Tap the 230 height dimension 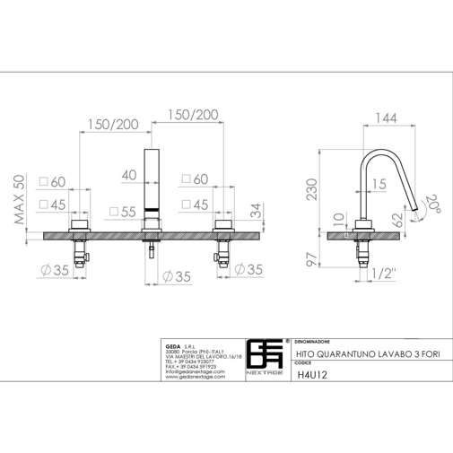310,189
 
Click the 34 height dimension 257,212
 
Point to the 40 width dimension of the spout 129,175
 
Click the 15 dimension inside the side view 379,184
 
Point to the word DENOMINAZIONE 318,342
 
